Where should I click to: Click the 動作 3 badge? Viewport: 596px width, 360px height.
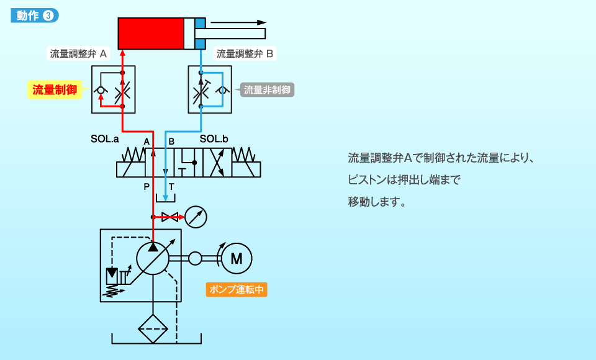point(35,16)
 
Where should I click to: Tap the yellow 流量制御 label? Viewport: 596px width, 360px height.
point(55,90)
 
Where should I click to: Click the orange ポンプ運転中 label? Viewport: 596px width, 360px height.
point(237,289)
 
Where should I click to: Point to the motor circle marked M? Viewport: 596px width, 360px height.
point(237,258)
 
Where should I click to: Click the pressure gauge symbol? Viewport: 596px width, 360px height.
point(196,217)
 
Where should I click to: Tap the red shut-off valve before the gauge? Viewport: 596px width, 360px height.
point(169,217)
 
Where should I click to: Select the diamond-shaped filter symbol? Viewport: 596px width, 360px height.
point(153,328)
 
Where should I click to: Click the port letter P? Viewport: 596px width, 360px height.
point(147,186)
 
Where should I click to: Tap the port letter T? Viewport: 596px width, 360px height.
point(171,186)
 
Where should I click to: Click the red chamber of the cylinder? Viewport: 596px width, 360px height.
point(151,34)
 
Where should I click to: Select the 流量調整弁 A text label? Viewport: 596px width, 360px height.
point(78,53)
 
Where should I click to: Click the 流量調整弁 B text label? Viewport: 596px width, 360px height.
point(244,53)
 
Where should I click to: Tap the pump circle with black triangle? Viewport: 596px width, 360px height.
point(153,258)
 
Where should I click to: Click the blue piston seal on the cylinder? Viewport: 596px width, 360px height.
point(200,34)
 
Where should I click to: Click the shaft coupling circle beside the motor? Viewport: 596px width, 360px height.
point(195,258)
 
